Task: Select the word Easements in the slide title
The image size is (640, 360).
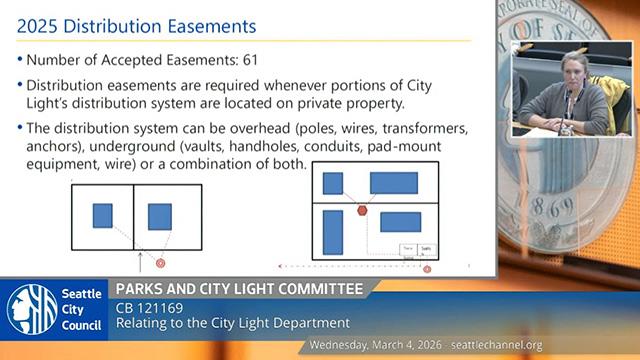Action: click(206, 21)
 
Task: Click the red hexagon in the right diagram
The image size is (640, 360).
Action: click(362, 209)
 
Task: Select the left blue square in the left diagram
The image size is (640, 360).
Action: click(103, 215)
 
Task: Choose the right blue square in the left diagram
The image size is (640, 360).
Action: click(160, 216)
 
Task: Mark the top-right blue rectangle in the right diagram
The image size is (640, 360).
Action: click(393, 183)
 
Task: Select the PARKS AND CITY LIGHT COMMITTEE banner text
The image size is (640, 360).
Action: click(239, 289)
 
